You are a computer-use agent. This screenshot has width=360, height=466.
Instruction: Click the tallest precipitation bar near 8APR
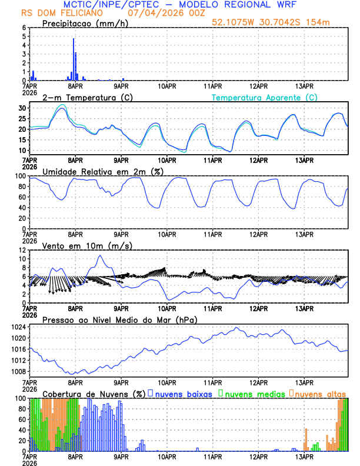click(x=74, y=59)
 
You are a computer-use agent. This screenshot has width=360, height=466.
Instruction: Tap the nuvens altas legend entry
click(x=320, y=394)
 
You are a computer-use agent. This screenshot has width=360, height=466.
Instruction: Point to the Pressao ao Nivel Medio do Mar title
click(x=119, y=319)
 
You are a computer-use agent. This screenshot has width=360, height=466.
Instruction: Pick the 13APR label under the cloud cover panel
click(x=304, y=456)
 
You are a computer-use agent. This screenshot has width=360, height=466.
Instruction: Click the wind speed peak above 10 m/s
click(x=101, y=255)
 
